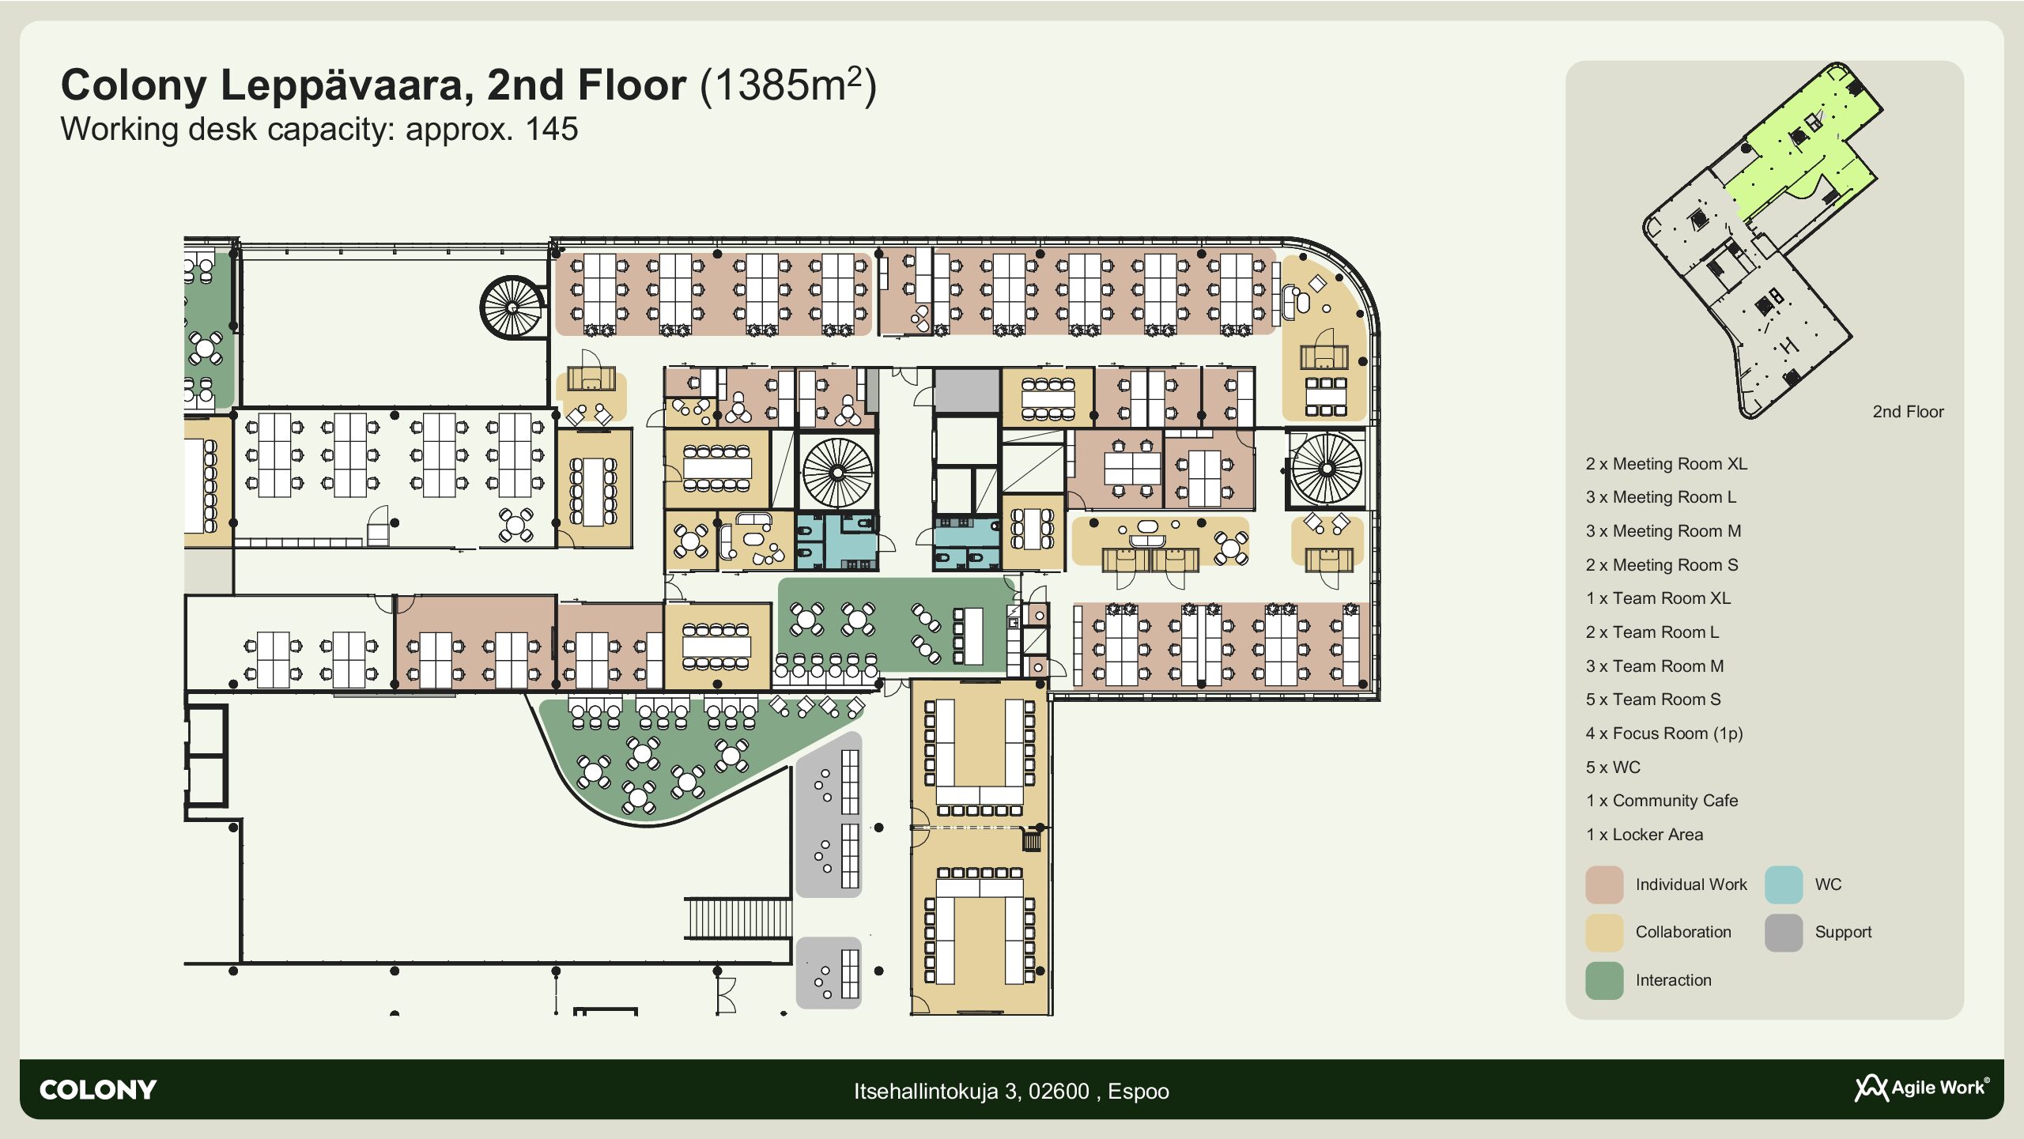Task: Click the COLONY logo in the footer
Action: pyautogui.click(x=98, y=1090)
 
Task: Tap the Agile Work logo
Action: pyautogui.click(x=1922, y=1088)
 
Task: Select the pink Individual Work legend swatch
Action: pyautogui.click(x=1604, y=884)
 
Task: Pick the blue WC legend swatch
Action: pyautogui.click(x=1784, y=884)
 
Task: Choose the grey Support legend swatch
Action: pyautogui.click(x=1784, y=933)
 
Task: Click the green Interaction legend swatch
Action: pyautogui.click(x=1604, y=981)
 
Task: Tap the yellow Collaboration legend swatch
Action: pyautogui.click(x=1604, y=933)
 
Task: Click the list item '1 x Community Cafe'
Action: pyautogui.click(x=1662, y=801)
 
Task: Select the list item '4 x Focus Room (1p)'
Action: pyautogui.click(x=1664, y=734)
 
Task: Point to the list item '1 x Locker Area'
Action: pyautogui.click(x=1644, y=835)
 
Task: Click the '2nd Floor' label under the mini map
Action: pyautogui.click(x=1908, y=412)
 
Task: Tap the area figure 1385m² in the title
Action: pyautogui.click(x=788, y=85)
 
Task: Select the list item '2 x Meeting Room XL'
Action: pyautogui.click(x=1667, y=464)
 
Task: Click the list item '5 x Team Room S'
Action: pyautogui.click(x=1653, y=700)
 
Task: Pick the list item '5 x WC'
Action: pyautogui.click(x=1613, y=768)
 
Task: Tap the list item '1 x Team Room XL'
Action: pyautogui.click(x=1658, y=598)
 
